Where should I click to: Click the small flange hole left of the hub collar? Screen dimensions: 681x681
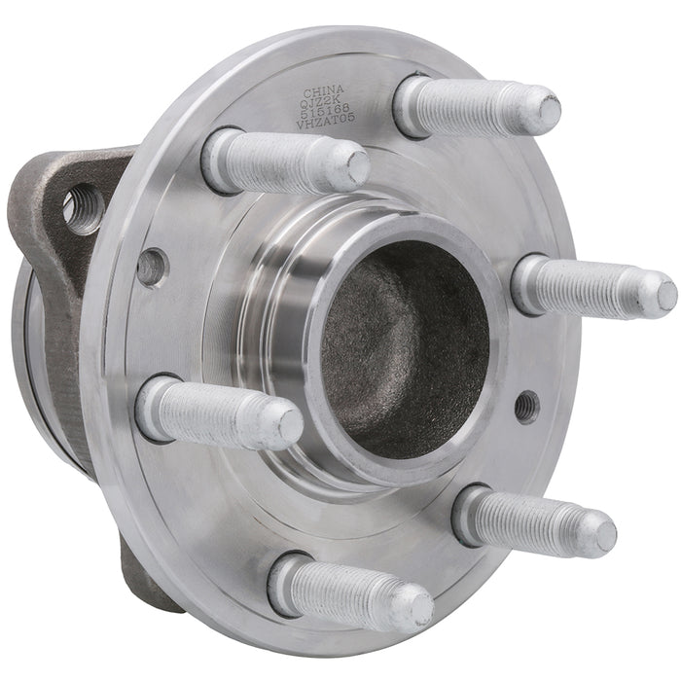[152, 267]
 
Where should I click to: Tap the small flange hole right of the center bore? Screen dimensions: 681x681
[526, 406]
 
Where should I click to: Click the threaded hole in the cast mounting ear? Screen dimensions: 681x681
[82, 207]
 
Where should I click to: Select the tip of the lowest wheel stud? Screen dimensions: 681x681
[419, 607]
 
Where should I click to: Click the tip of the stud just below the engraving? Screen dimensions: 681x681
[356, 167]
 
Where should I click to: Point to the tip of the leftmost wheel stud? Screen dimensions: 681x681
[288, 426]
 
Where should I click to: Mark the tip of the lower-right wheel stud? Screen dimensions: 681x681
[602, 534]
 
